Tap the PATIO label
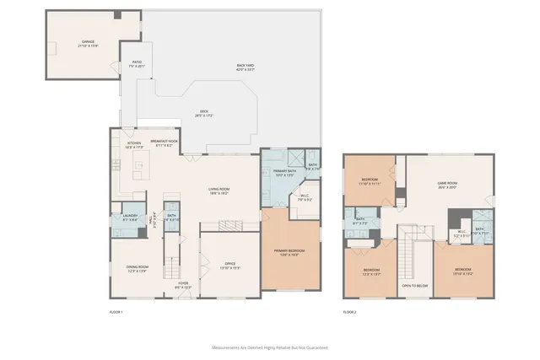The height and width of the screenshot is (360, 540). point(138,63)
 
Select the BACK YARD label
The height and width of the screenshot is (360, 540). point(246,67)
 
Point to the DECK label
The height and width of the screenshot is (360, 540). point(203,113)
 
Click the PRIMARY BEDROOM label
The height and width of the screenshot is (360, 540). point(289,252)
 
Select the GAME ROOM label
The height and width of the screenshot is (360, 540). point(446,185)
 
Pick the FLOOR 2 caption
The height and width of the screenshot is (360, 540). point(350,313)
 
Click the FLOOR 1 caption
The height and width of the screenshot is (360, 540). point(116,313)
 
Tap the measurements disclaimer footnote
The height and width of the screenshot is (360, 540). point(269,347)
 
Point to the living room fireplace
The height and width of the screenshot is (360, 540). point(231,225)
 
